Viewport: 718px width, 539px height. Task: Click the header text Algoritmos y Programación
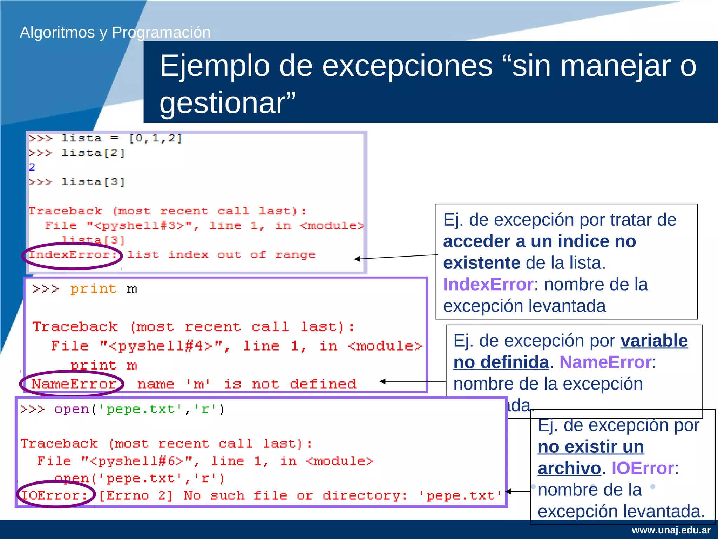(115, 33)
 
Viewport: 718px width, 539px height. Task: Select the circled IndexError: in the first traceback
(72, 255)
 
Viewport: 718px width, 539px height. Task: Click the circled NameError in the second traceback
(73, 384)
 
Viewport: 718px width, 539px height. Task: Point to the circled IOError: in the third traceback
(54, 495)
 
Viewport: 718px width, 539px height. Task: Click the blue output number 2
(32, 167)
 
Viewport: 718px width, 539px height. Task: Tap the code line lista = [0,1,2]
(121, 138)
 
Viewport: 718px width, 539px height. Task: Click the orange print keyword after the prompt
(93, 289)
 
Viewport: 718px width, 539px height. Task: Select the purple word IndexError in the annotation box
(488, 284)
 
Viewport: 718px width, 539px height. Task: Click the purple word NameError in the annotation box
(605, 362)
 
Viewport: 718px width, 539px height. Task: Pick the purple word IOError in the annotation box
(643, 468)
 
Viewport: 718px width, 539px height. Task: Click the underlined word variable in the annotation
(654, 341)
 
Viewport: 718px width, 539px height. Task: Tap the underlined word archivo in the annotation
(569, 468)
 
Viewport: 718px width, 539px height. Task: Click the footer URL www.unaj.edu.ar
(671, 530)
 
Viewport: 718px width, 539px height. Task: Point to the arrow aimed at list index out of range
(396, 257)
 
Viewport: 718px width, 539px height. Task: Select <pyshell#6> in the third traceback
(136, 461)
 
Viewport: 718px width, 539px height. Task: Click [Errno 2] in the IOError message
(136, 495)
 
